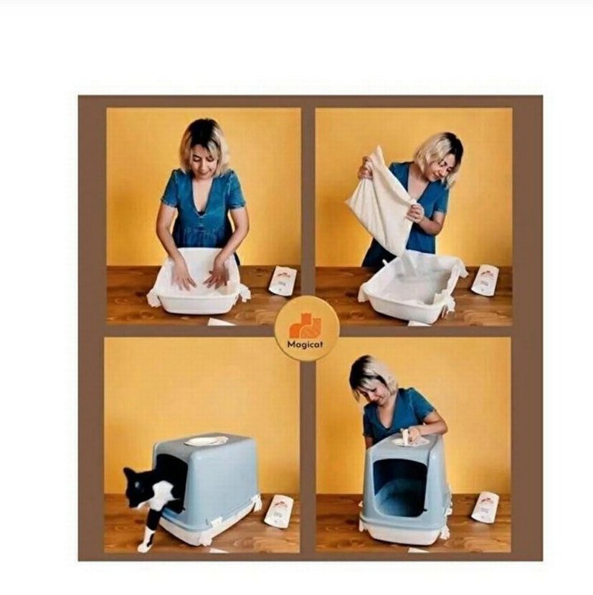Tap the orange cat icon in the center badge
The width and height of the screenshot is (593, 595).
point(306,327)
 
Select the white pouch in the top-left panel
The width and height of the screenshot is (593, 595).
point(283,280)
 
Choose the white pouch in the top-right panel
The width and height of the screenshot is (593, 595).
point(485,279)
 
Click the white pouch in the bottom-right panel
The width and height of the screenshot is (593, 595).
point(485,507)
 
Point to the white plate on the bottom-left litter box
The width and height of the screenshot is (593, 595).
point(207,441)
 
